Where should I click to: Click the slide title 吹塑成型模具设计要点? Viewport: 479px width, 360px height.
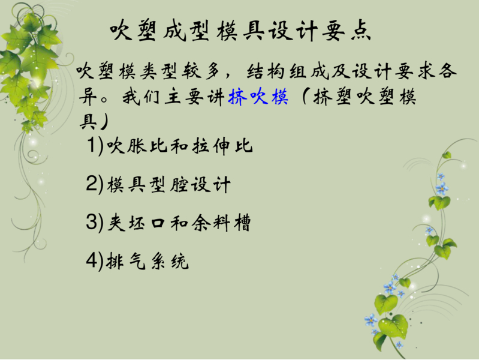pos(240,30)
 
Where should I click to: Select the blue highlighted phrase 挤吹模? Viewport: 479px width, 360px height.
pos(258,97)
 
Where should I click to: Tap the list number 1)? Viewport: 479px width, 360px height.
pos(95,145)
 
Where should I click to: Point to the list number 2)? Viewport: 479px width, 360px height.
pos(95,184)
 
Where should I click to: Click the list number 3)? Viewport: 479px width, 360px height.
pos(95,223)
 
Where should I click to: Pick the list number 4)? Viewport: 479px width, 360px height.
pos(95,261)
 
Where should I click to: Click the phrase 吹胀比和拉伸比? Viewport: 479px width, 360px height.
pos(180,146)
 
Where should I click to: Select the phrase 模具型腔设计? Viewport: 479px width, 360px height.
pos(168,184)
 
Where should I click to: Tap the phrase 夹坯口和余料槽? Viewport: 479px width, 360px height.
pos(179,223)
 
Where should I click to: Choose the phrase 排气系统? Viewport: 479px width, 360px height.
pos(147,261)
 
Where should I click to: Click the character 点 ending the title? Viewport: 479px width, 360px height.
pos(360,31)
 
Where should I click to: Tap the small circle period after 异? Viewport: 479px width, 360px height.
pos(104,100)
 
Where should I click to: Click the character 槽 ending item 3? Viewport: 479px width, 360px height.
pos(243,223)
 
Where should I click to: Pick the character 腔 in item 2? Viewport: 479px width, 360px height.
pos(179,184)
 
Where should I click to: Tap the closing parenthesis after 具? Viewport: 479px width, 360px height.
pos(103,122)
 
